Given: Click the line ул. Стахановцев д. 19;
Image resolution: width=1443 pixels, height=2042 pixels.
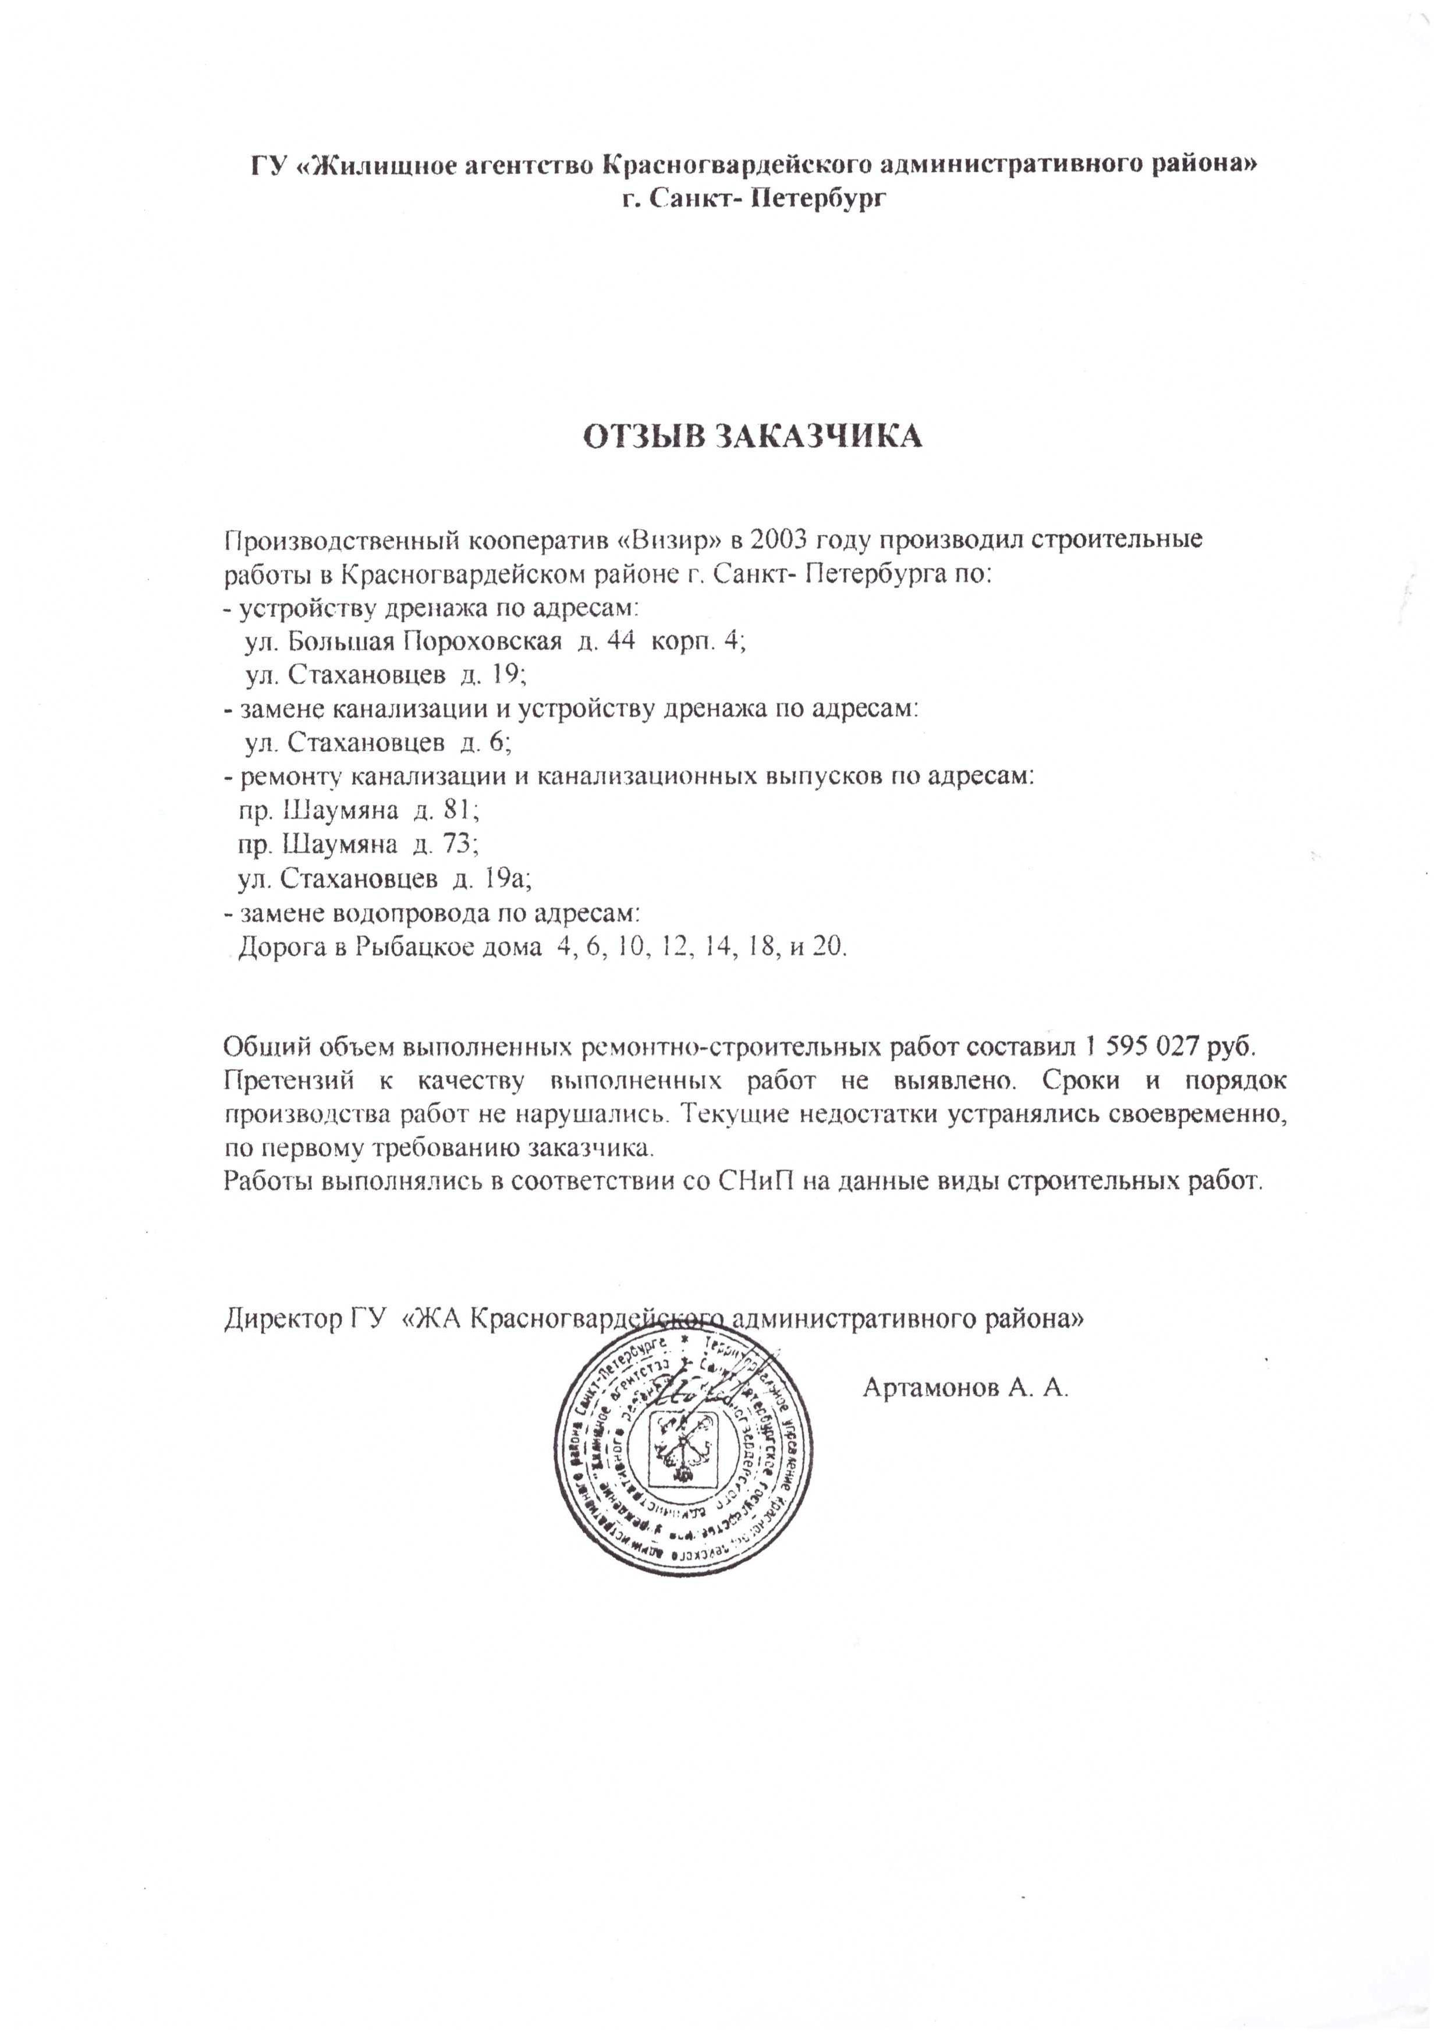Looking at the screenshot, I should click(x=386, y=675).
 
